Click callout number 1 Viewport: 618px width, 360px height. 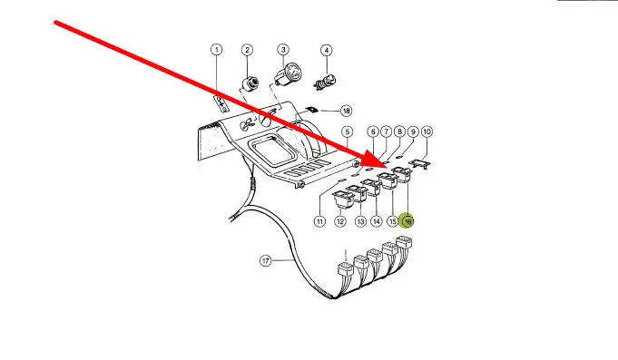click(x=216, y=50)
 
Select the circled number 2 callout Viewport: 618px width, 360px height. click(x=247, y=50)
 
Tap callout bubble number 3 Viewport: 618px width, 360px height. click(x=283, y=50)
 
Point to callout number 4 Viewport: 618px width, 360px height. click(x=327, y=50)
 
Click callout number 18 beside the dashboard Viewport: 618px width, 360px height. click(x=346, y=111)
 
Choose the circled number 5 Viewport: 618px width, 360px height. click(x=347, y=131)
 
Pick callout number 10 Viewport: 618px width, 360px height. click(x=427, y=131)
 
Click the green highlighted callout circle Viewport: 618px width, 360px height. click(x=407, y=221)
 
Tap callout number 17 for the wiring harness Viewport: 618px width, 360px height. click(x=266, y=261)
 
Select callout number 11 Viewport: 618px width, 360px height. click(x=319, y=221)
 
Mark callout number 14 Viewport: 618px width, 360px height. click(x=377, y=221)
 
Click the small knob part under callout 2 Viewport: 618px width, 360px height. click(x=250, y=83)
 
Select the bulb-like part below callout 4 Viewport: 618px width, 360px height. click(x=324, y=83)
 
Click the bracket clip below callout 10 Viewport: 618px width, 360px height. click(x=420, y=163)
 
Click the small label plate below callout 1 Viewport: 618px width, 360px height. click(x=221, y=103)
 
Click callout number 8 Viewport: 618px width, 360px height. click(x=399, y=131)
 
